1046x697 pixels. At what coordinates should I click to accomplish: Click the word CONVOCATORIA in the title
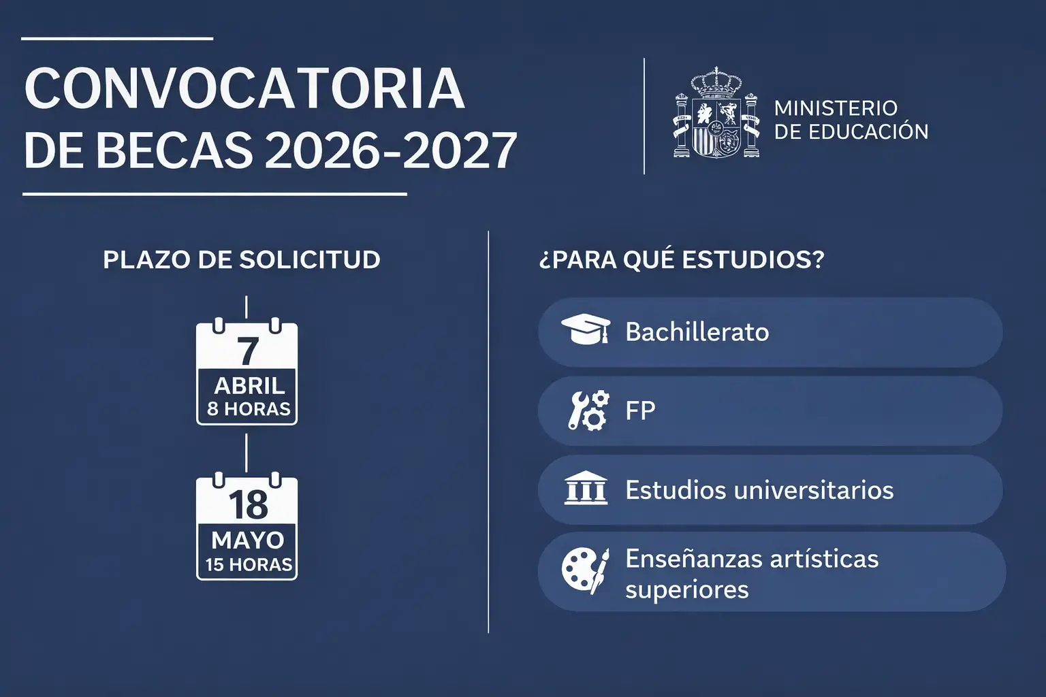(244, 88)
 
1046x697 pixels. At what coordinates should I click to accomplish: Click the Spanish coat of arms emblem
(716, 112)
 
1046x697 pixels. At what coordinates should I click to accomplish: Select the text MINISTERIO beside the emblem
(836, 108)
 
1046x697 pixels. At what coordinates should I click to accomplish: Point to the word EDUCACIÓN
(868, 131)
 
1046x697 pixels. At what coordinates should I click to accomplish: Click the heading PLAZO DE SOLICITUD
(242, 259)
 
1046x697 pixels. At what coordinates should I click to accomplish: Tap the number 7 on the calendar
(247, 351)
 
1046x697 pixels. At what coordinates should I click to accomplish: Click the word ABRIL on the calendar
(249, 386)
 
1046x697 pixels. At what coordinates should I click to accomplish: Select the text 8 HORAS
(249, 409)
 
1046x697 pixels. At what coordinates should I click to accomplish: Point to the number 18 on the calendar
(248, 504)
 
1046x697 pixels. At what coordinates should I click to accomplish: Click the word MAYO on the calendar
(247, 540)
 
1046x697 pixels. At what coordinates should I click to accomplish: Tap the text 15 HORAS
(249, 565)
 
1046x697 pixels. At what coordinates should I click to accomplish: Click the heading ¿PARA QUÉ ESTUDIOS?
(682, 259)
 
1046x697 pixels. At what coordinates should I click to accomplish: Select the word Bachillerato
(697, 332)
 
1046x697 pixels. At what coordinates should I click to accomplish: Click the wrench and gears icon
(588, 410)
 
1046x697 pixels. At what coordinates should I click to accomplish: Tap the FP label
(640, 411)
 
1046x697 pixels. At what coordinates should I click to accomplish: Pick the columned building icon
(586, 488)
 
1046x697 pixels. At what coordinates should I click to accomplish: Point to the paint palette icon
(585, 570)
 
